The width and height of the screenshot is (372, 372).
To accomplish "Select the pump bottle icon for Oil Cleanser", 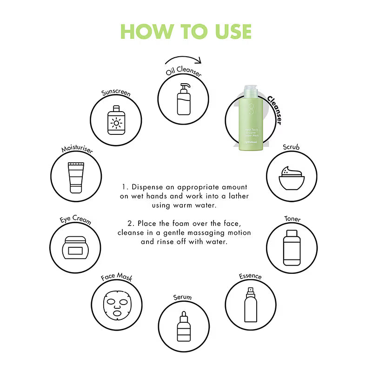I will coord(184,99).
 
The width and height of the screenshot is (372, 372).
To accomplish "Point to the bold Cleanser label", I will coord(274,110).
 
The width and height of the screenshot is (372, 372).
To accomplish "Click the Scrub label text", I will coord(292,147).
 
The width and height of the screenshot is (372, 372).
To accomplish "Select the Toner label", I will coord(292,219).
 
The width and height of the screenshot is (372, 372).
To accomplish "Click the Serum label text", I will coord(182,297).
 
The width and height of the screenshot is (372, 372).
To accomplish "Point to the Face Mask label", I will coord(117,278).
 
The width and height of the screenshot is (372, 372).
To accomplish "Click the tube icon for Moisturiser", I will coord(75,177).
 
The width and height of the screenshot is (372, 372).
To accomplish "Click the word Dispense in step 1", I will coord(147,187).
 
